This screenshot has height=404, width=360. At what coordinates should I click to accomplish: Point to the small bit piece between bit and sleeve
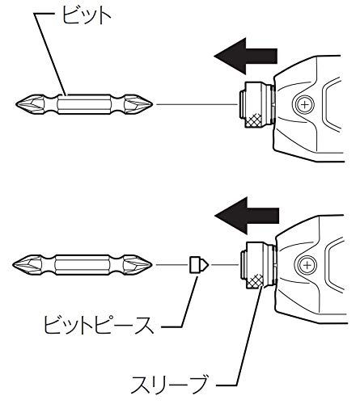pos(197,264)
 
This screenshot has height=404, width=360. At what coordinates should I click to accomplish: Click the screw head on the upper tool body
pos(305,104)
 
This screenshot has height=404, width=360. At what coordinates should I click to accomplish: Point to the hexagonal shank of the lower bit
pos(85,264)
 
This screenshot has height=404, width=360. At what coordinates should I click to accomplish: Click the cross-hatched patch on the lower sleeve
pos(258,281)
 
